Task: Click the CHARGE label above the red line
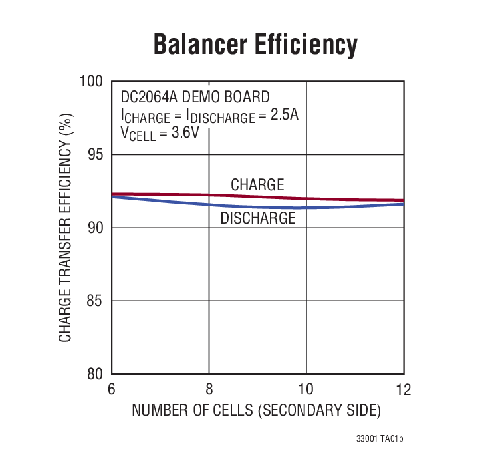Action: (x=257, y=185)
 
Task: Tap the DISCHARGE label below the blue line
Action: (x=258, y=218)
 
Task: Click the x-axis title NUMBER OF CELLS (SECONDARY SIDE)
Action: (x=256, y=410)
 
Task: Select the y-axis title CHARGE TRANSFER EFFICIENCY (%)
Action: (x=65, y=228)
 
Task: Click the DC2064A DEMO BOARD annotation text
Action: (x=195, y=97)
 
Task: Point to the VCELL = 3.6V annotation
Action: (x=160, y=133)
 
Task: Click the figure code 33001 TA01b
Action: (x=380, y=440)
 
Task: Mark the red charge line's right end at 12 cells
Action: (x=403, y=200)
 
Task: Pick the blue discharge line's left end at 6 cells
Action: (x=112, y=196)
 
